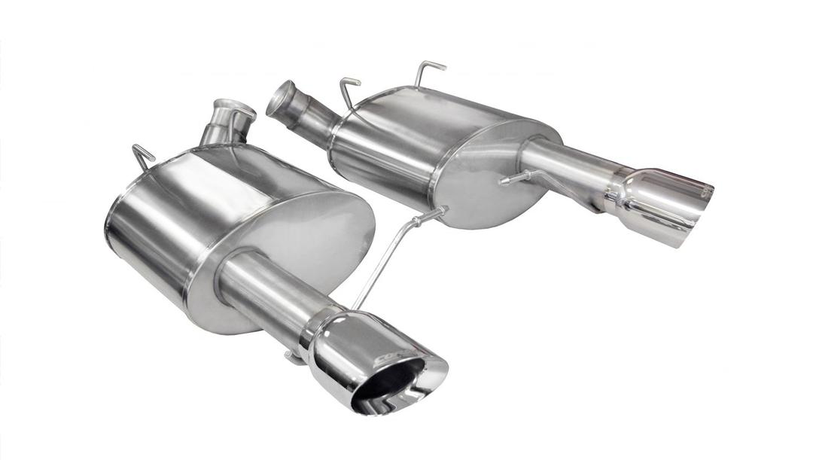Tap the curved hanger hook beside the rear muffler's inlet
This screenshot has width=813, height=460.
(x=348, y=92)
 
